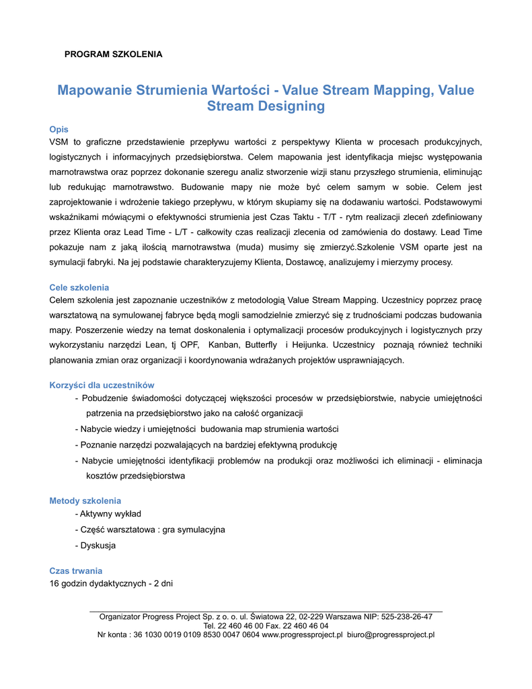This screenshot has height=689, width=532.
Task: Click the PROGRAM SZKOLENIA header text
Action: click(113, 54)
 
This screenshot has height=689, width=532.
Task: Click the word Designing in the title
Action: click(291, 106)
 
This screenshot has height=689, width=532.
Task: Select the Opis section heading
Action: click(59, 129)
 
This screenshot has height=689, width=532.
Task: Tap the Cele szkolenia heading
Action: click(79, 287)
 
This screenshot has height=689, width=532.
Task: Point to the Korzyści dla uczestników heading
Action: click(102, 385)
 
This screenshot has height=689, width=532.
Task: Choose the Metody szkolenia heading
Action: click(85, 501)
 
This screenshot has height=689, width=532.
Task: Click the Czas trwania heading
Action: click(76, 571)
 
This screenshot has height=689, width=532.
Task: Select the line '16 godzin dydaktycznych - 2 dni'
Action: click(111, 583)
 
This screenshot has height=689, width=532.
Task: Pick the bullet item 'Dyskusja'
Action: click(98, 545)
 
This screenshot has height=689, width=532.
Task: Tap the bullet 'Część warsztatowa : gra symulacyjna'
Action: click(152, 530)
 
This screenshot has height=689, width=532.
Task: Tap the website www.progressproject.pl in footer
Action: click(302, 634)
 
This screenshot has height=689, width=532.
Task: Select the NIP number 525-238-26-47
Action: click(406, 616)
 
